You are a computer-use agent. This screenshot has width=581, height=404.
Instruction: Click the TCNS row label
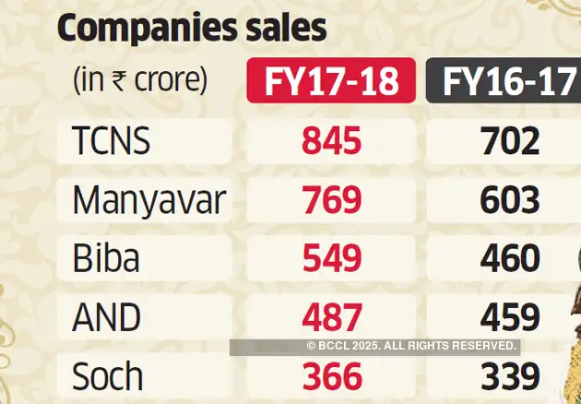[111, 142]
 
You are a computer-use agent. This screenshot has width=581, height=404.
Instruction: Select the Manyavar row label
[148, 201]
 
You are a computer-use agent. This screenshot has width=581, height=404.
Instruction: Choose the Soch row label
[108, 376]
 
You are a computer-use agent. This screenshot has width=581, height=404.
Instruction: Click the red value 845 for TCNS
[331, 142]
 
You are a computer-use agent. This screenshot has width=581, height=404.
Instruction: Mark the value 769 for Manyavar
[331, 201]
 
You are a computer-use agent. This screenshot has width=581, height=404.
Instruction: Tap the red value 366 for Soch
[331, 376]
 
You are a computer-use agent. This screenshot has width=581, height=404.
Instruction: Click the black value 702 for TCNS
[509, 142]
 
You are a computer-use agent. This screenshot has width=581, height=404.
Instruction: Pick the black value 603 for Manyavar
[509, 201]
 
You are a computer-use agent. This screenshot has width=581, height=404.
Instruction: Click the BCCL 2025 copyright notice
[411, 346]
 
